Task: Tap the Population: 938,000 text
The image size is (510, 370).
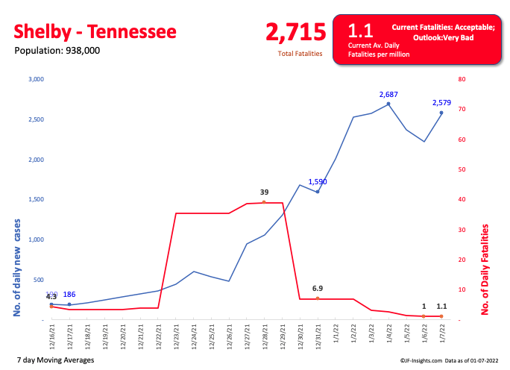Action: coord(57,51)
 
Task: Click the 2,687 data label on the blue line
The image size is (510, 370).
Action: coord(388,95)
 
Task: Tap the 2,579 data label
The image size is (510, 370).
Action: coord(441,103)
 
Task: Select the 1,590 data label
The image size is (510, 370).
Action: coord(318,181)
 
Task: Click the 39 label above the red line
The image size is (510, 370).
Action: coord(264,192)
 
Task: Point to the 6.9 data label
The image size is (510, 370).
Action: coord(318,288)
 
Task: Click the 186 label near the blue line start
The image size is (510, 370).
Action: coord(69,295)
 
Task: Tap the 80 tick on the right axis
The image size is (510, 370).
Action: coord(462,79)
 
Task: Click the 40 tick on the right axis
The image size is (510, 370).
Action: coord(462,199)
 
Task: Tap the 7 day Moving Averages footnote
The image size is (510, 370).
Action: coord(54,360)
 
